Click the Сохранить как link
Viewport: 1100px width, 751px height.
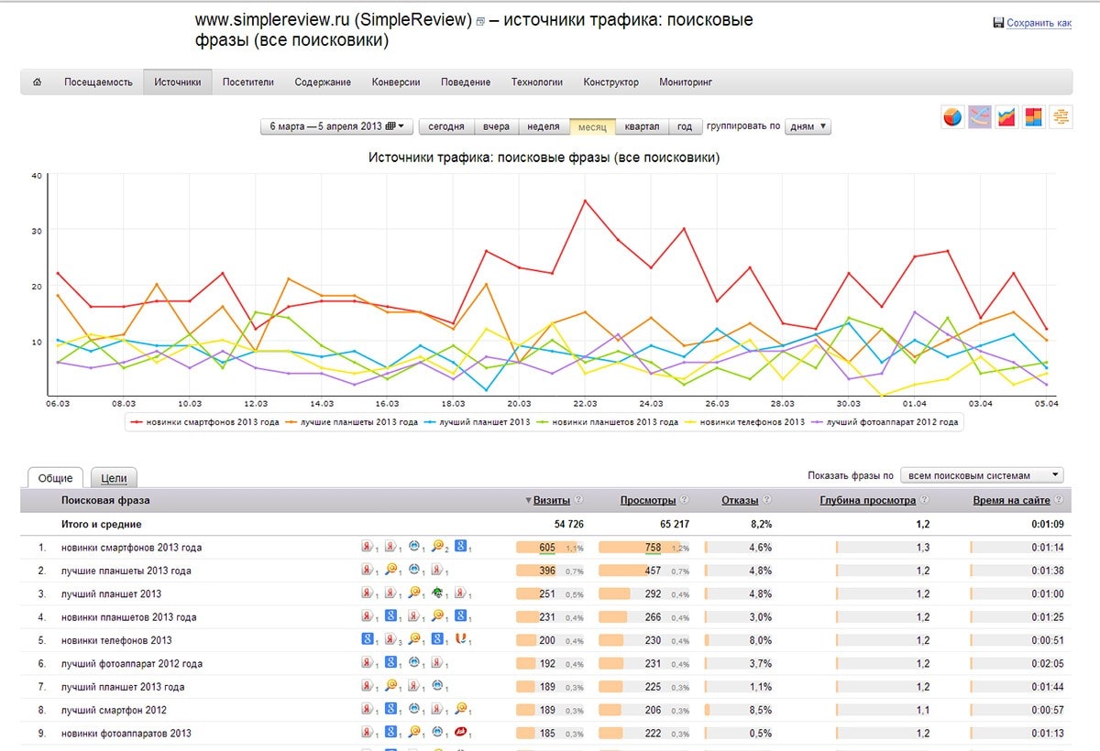tap(1039, 24)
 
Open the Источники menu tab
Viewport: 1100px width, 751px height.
tap(178, 82)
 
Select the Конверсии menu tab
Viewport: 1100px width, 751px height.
tap(396, 82)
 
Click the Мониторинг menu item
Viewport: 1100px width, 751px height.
tap(686, 82)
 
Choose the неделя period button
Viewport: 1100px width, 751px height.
tap(544, 126)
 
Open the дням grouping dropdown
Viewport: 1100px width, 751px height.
tap(808, 126)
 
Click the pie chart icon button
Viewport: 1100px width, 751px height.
tap(953, 117)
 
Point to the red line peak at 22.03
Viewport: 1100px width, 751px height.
tap(585, 201)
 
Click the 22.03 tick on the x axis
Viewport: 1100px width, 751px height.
tap(585, 403)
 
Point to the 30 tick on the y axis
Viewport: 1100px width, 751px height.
tap(38, 231)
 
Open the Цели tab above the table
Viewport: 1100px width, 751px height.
tap(114, 477)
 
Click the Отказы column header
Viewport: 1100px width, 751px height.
tap(740, 500)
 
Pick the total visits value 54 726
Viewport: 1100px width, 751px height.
tap(562, 524)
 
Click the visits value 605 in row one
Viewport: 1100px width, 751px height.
tap(547, 548)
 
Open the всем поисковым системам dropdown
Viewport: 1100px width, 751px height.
tap(982, 475)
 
